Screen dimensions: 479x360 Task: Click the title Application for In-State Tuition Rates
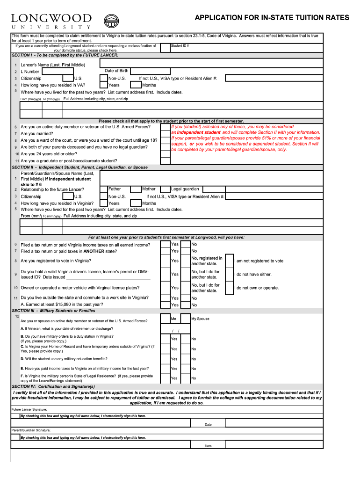(x=272, y=18)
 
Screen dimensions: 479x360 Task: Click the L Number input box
(x=70, y=72)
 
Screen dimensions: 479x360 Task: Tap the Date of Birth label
(x=116, y=71)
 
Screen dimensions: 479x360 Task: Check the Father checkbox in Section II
(x=103, y=189)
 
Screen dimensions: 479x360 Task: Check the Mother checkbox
(x=136, y=189)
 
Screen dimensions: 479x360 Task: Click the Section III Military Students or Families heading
(x=53, y=311)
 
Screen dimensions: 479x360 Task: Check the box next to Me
(x=165, y=319)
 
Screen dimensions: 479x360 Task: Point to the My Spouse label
(x=200, y=319)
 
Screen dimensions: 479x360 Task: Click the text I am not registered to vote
(x=259, y=261)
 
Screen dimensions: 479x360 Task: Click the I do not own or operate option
(x=256, y=288)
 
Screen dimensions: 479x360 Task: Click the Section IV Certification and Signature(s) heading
(x=53, y=386)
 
